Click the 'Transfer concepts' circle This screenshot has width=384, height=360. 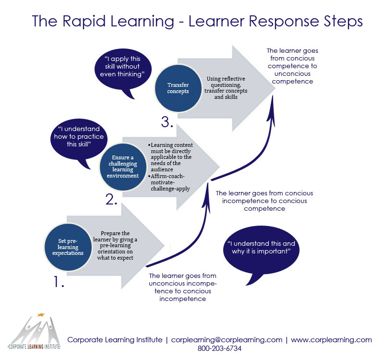tap(177, 90)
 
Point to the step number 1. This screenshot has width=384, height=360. tap(58, 282)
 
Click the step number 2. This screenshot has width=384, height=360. tap(111, 199)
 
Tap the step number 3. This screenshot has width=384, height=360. tap(167, 122)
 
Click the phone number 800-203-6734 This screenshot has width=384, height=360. tap(219, 348)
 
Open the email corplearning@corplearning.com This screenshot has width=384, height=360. tap(227, 339)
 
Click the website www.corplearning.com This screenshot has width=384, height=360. tap(331, 339)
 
